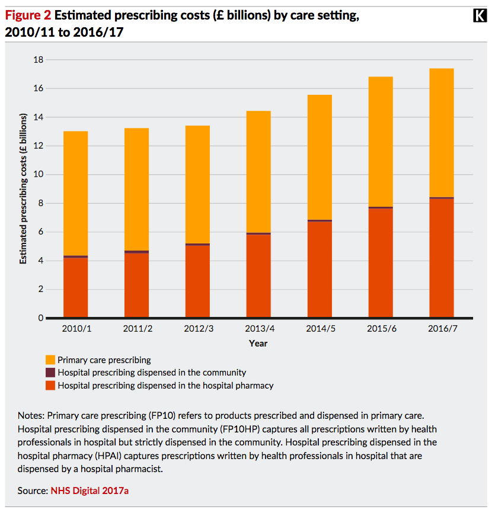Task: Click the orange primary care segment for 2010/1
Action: coord(76,193)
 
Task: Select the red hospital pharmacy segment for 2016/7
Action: coord(442,258)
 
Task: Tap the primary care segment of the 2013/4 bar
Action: coord(258,172)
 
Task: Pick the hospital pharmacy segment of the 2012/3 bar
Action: coord(198,281)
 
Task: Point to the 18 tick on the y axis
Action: coord(39,60)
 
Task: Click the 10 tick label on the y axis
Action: coord(39,174)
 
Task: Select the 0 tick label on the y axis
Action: coord(40,318)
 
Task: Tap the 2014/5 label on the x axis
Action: coord(321,329)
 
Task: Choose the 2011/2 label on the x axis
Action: coord(138,329)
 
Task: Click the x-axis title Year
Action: coord(258,344)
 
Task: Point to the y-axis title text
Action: coord(23,189)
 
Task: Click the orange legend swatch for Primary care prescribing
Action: coord(50,360)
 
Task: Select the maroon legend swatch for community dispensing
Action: coord(50,373)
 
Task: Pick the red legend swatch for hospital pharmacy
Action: coord(50,386)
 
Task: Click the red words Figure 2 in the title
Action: coord(28,15)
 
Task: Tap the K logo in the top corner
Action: coord(480,15)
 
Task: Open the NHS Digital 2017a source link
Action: coord(90,490)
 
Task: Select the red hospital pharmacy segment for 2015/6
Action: coord(381,263)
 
